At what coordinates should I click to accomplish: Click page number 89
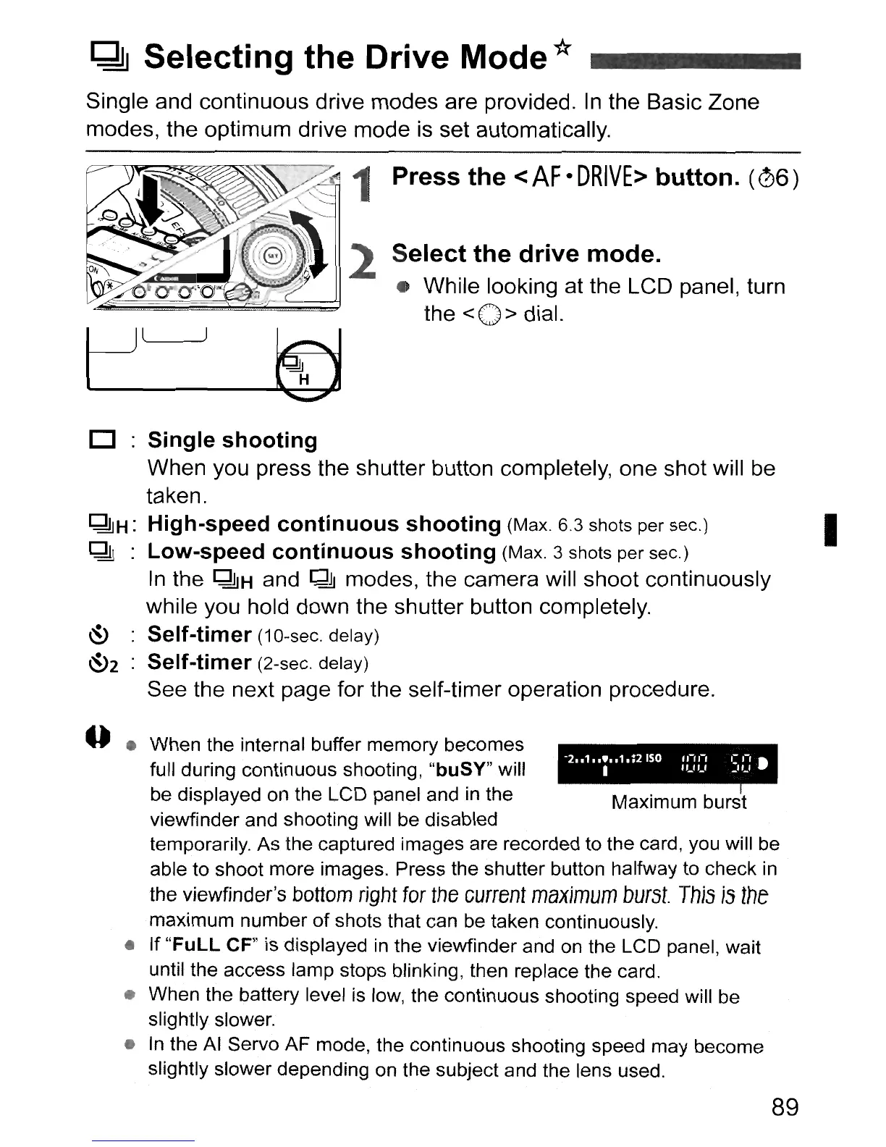784,1107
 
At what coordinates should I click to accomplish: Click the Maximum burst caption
678,802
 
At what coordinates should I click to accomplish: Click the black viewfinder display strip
667,762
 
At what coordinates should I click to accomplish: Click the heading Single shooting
232,440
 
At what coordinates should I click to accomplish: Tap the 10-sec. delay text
318,636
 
